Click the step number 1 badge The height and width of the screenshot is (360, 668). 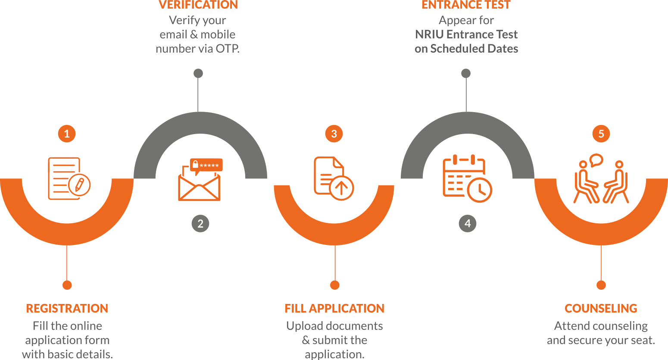67,134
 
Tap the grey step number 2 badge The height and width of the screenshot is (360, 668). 200,224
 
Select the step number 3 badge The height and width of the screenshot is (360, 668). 334,134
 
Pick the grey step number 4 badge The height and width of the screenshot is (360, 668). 468,224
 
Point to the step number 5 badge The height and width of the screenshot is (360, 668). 601,134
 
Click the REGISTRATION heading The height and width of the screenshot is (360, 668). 67,308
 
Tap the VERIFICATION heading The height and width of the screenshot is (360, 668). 198,5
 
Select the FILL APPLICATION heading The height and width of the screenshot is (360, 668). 334,308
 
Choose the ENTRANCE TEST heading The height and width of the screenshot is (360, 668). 466,5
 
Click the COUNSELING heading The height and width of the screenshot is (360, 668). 601,308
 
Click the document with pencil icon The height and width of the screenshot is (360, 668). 69,178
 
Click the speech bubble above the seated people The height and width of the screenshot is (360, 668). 596,160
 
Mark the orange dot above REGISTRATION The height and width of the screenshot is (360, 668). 67,285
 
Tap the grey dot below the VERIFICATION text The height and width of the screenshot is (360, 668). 198,73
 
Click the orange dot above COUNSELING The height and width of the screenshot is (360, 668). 601,285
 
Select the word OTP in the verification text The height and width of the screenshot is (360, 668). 227,49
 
